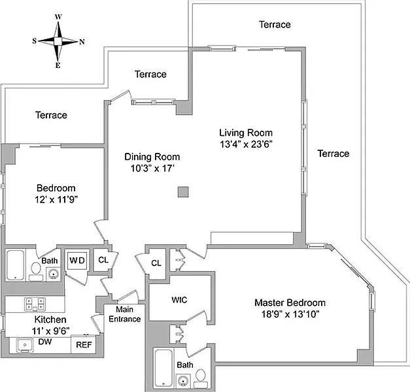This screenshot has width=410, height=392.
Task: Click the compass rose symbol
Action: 58,41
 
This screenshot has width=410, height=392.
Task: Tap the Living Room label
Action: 245,133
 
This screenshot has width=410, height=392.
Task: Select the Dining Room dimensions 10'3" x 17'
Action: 152,169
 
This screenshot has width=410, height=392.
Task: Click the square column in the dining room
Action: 184,191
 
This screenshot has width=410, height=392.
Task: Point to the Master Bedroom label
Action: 290,302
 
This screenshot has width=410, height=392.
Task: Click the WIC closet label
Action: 180,300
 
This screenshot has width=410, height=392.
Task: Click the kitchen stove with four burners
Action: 33,303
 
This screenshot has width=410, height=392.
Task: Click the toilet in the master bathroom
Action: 199,376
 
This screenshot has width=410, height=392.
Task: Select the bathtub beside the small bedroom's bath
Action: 15,265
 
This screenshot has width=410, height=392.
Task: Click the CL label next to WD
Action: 103,260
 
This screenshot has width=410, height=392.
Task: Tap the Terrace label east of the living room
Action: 333,154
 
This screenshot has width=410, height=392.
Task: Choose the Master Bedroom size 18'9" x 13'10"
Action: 290,314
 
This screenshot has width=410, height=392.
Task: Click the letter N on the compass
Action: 82,42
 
